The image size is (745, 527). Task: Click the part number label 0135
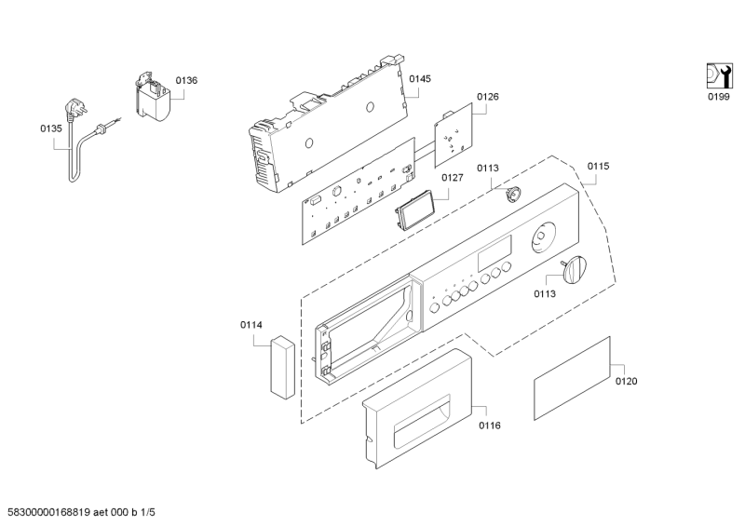pyautogui.click(x=50, y=130)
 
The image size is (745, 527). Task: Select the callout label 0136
pyautogui.click(x=186, y=81)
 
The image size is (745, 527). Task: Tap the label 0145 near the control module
pyautogui.click(x=420, y=79)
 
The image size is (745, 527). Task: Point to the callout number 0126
pyautogui.click(x=488, y=97)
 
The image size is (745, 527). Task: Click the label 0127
pyautogui.click(x=453, y=178)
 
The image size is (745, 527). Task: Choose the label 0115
pyautogui.click(x=598, y=166)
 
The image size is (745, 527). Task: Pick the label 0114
pyautogui.click(x=251, y=325)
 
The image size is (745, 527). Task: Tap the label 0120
pyautogui.click(x=627, y=381)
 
